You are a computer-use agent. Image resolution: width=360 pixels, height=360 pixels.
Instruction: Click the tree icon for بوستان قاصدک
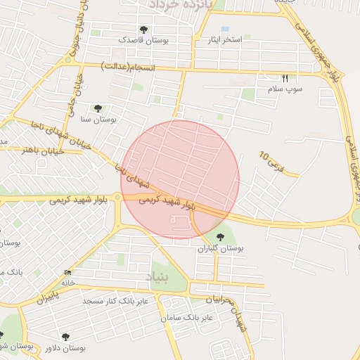143,30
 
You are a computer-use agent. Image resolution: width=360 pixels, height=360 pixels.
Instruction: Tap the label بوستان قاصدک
143,41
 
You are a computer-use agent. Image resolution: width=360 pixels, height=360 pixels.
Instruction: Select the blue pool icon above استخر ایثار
224,29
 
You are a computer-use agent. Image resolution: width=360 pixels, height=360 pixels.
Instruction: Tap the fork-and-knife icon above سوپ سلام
285,78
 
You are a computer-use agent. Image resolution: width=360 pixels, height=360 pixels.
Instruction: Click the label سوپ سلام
285,89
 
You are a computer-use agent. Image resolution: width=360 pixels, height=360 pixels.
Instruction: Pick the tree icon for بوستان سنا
98,108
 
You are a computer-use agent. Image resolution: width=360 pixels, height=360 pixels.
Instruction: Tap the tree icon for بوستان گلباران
221,237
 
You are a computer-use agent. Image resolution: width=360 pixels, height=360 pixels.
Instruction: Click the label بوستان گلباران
221,248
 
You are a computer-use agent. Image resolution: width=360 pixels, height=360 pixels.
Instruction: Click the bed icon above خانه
67,272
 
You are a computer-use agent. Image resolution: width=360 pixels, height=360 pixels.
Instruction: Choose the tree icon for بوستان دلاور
66,337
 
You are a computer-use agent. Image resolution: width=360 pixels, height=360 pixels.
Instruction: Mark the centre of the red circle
181,179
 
